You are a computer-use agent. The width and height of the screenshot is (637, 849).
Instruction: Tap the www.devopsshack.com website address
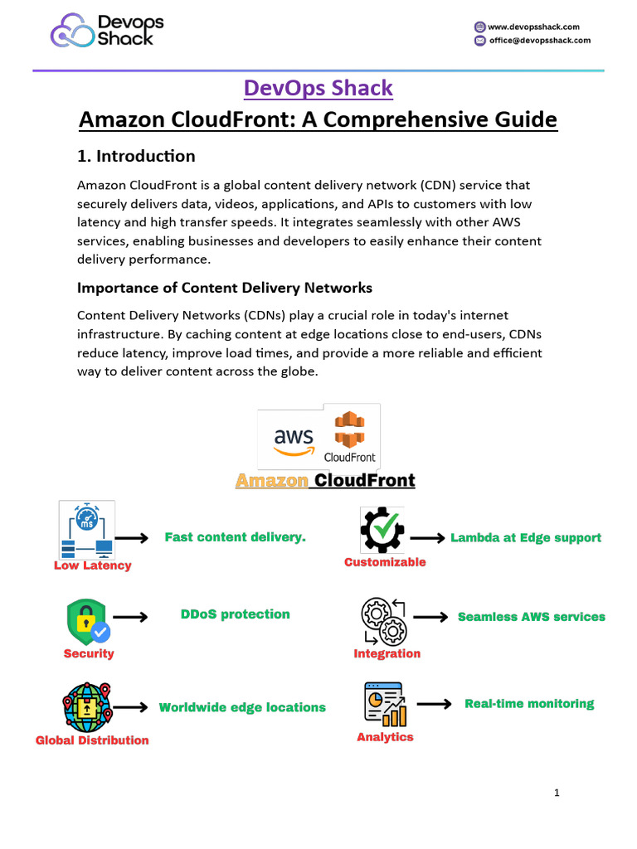[534, 27]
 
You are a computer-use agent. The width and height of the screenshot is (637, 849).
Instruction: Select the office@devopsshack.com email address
[539, 40]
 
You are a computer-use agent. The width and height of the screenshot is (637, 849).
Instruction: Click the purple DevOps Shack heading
[318, 87]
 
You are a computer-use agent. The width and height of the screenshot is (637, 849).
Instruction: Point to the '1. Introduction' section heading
[136, 156]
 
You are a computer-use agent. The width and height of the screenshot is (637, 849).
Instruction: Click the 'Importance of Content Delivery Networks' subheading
[225, 288]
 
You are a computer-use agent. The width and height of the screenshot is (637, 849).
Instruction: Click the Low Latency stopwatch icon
[87, 530]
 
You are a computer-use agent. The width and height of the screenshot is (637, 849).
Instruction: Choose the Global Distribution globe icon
[87, 707]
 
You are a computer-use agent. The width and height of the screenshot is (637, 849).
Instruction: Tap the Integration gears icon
[383, 621]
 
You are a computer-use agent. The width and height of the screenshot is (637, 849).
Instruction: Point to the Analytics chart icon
[385, 705]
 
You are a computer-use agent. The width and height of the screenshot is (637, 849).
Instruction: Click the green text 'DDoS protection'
[235, 614]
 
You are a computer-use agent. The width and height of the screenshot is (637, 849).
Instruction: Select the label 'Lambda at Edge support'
[526, 538]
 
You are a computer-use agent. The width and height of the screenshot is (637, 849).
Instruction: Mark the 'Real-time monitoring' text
[529, 704]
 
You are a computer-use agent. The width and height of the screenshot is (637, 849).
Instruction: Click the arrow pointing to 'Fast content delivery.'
[131, 539]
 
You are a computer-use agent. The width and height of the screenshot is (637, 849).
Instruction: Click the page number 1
[557, 793]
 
